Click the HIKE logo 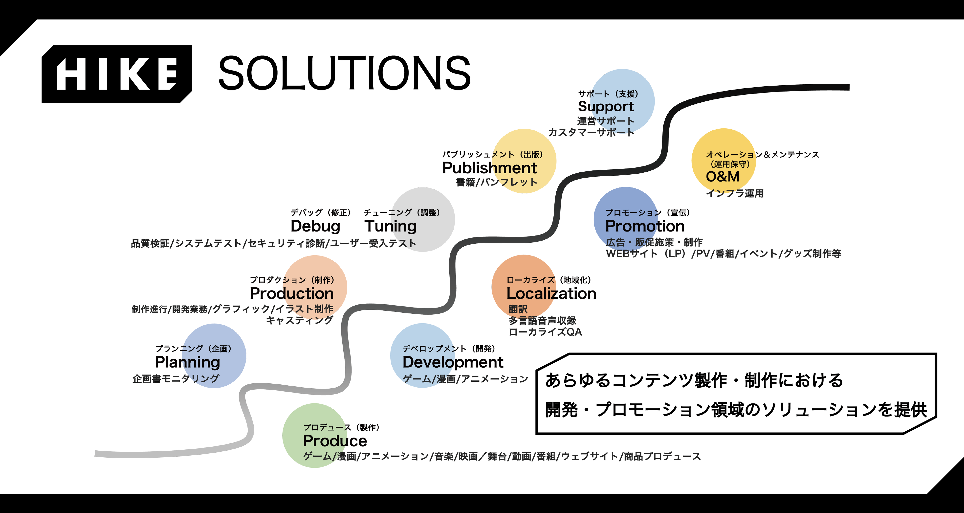tap(117, 74)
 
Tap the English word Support tap(606, 107)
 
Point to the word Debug tap(315, 226)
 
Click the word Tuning tap(390, 226)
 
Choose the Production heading tap(291, 294)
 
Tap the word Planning tap(188, 362)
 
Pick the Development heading tap(453, 362)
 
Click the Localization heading tap(551, 294)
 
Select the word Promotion tap(645, 226)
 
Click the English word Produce tap(335, 441)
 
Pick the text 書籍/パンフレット tap(496, 182)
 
